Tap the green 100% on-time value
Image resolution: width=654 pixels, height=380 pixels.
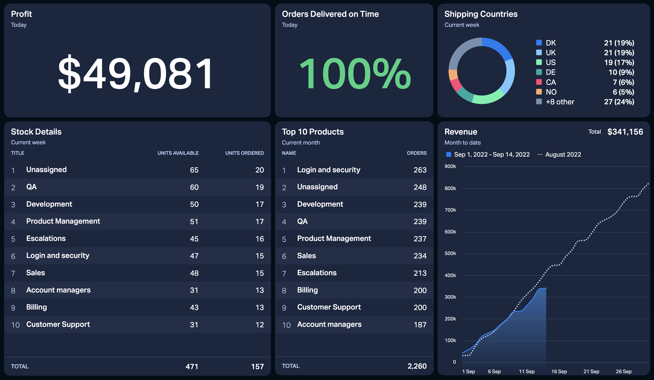[355, 73]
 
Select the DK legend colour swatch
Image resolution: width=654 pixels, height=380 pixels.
[539, 42]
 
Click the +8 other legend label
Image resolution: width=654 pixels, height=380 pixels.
[560, 102]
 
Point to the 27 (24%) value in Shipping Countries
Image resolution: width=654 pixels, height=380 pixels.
[619, 102]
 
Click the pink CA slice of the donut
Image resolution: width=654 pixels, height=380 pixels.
[456, 85]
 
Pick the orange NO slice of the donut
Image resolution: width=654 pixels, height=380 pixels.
[453, 75]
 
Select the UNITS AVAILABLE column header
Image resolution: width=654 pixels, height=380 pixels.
[178, 153]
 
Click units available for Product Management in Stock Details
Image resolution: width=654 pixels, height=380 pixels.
[194, 222]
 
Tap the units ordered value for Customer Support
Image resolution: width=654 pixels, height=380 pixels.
[260, 325]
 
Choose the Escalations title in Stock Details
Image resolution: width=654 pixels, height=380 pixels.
[46, 238]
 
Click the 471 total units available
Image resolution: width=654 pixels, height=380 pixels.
[192, 367]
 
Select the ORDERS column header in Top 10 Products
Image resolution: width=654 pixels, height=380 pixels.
[416, 153]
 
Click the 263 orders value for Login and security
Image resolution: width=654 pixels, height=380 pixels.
[420, 170]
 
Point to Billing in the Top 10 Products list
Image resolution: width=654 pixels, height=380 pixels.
[307, 290]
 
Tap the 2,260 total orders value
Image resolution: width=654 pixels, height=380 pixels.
[417, 366]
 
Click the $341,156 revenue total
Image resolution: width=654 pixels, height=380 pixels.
[625, 132]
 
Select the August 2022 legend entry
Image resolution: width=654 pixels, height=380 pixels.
[559, 155]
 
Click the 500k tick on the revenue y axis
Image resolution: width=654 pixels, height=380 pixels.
[450, 253]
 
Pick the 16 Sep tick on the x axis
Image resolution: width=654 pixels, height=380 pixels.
[559, 371]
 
